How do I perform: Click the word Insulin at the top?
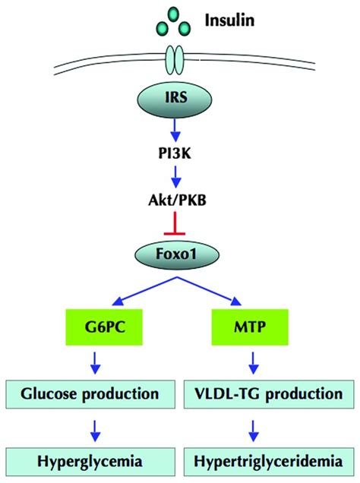point(229,21)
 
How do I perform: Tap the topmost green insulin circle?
point(174,14)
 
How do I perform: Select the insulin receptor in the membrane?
point(175,58)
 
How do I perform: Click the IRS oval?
point(175,98)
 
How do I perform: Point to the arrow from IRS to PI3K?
point(175,129)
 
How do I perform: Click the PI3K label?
point(175,153)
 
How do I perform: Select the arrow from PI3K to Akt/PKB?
point(175,177)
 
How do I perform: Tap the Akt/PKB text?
point(177,200)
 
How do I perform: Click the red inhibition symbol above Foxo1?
point(175,223)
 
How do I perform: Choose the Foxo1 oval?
point(177,254)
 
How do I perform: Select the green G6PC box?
point(104,327)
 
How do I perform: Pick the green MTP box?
point(250,327)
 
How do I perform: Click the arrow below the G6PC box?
point(95,362)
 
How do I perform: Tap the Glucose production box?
point(90,394)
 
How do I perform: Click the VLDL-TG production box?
point(269,394)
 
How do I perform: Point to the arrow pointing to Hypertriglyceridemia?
point(253,431)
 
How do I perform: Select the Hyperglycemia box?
point(90,462)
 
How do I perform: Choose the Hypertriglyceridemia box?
point(269,462)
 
